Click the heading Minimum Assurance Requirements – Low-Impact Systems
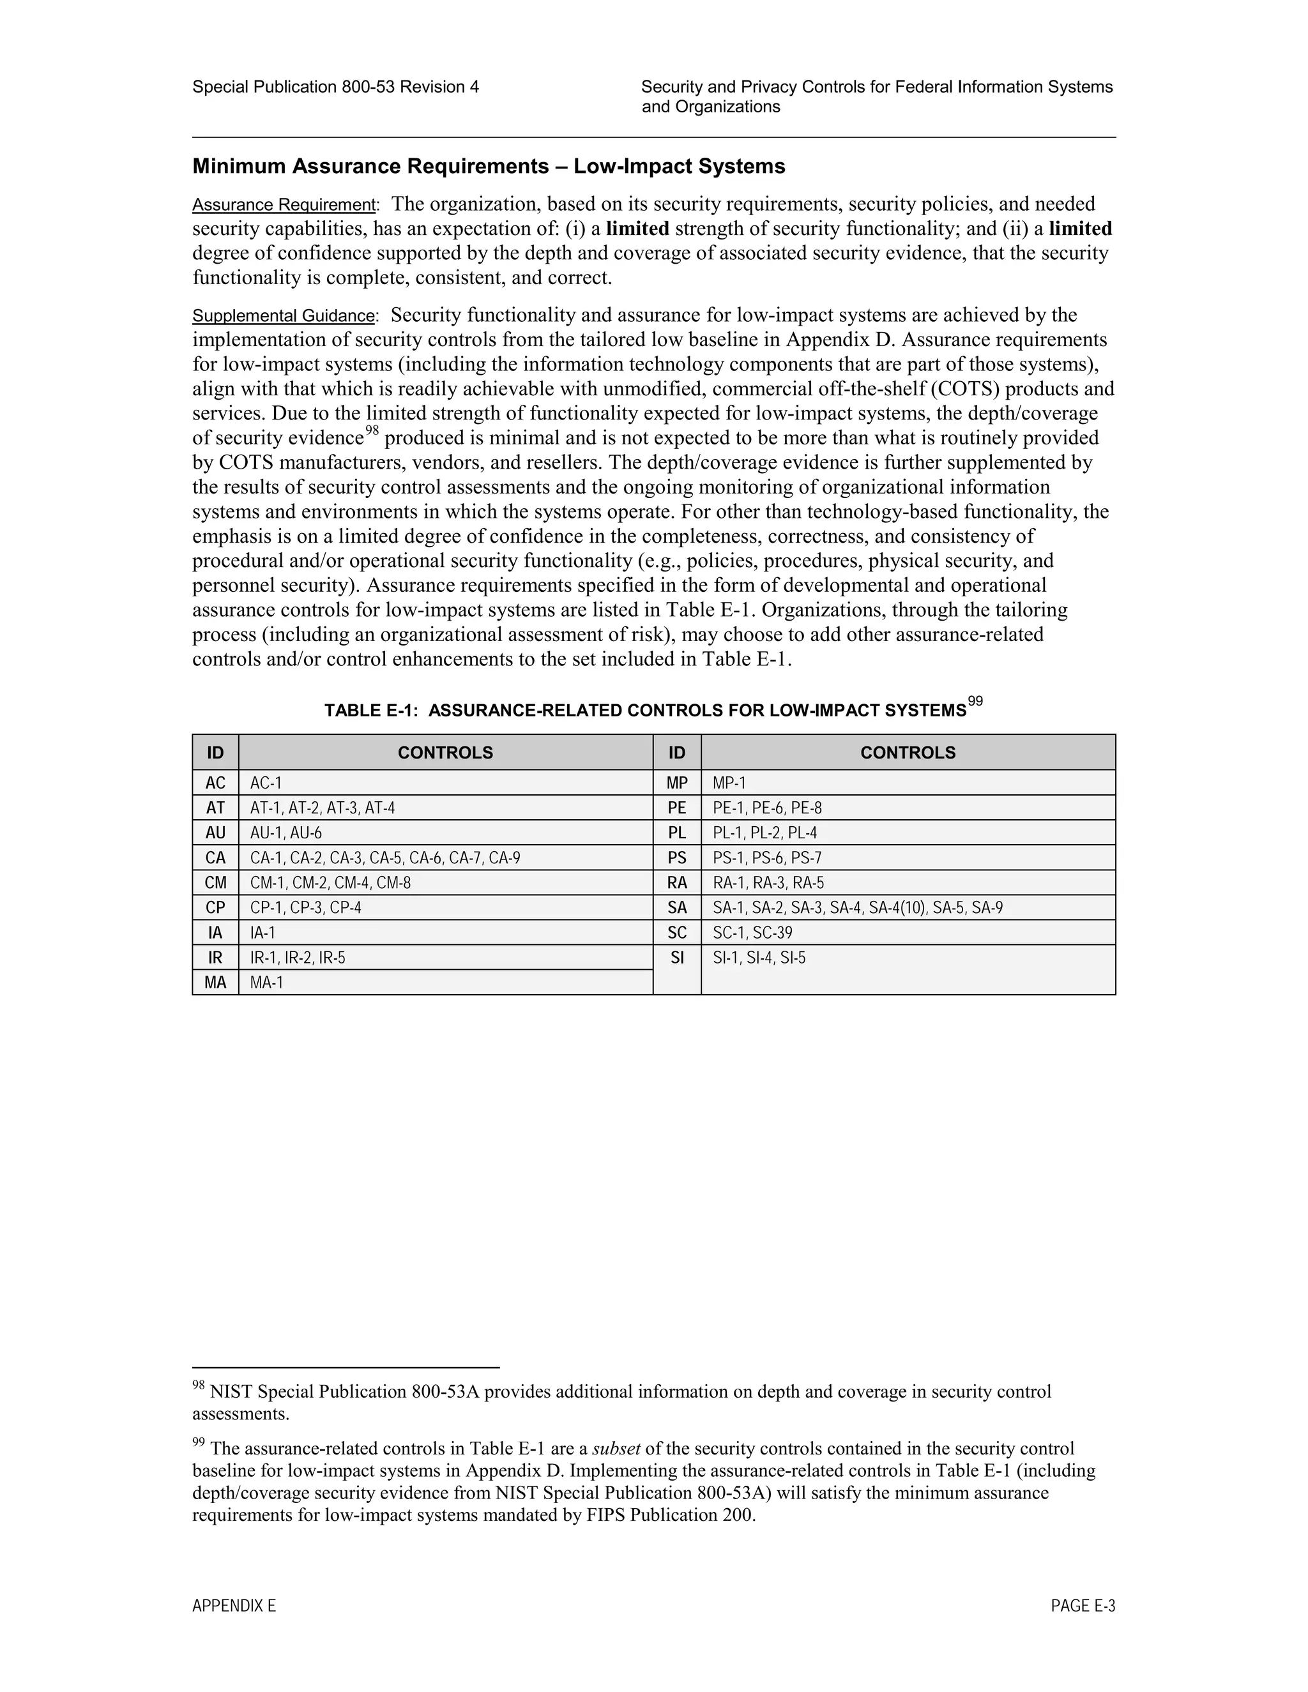488,167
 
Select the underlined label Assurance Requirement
284,206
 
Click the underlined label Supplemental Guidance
284,316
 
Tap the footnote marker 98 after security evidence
372,431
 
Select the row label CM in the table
215,883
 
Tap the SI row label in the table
677,958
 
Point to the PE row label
677,808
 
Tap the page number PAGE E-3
1083,1606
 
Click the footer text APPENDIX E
234,1606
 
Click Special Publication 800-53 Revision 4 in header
335,87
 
